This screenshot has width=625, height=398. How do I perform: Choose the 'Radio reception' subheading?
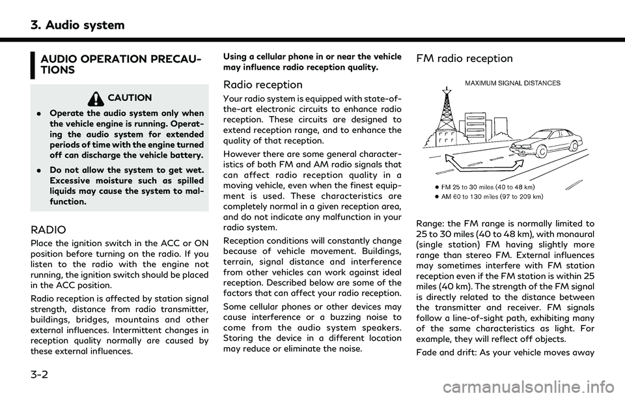click(x=262, y=85)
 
